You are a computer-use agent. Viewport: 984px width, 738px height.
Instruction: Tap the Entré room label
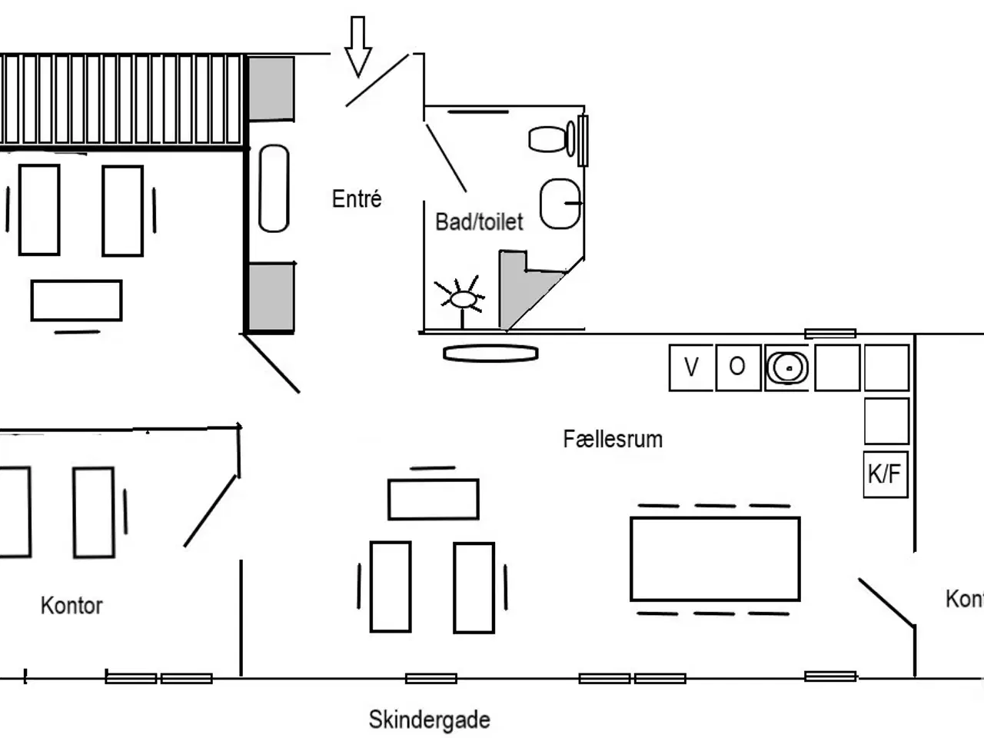(357, 199)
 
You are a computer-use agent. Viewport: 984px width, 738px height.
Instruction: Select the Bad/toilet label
(479, 222)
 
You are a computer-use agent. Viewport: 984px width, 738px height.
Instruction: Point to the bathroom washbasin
(560, 204)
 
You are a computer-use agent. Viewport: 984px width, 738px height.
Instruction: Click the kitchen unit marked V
(691, 367)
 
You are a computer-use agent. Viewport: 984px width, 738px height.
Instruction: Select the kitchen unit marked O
(737, 367)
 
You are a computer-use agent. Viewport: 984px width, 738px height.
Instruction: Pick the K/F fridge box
(885, 474)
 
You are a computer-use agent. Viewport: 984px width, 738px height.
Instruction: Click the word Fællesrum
(613, 440)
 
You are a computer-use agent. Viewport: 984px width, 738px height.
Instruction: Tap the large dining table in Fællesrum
(715, 558)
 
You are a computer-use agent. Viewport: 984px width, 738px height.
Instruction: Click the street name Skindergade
(429, 720)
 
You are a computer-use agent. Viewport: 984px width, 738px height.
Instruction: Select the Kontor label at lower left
(71, 606)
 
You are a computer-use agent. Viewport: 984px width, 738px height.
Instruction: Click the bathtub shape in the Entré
(274, 188)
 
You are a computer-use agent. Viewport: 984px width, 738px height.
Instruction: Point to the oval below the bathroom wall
(490, 353)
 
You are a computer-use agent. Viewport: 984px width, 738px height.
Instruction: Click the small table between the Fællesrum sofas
(434, 500)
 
